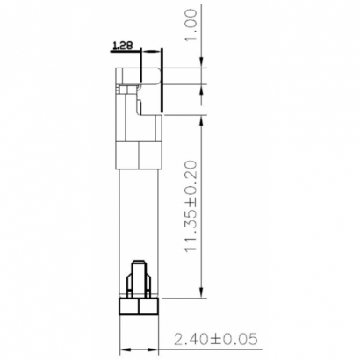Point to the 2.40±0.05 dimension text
pos(215,338)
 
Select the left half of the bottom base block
pos(128,306)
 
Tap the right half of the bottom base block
pos(148,306)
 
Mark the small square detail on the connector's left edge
pos(121,88)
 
